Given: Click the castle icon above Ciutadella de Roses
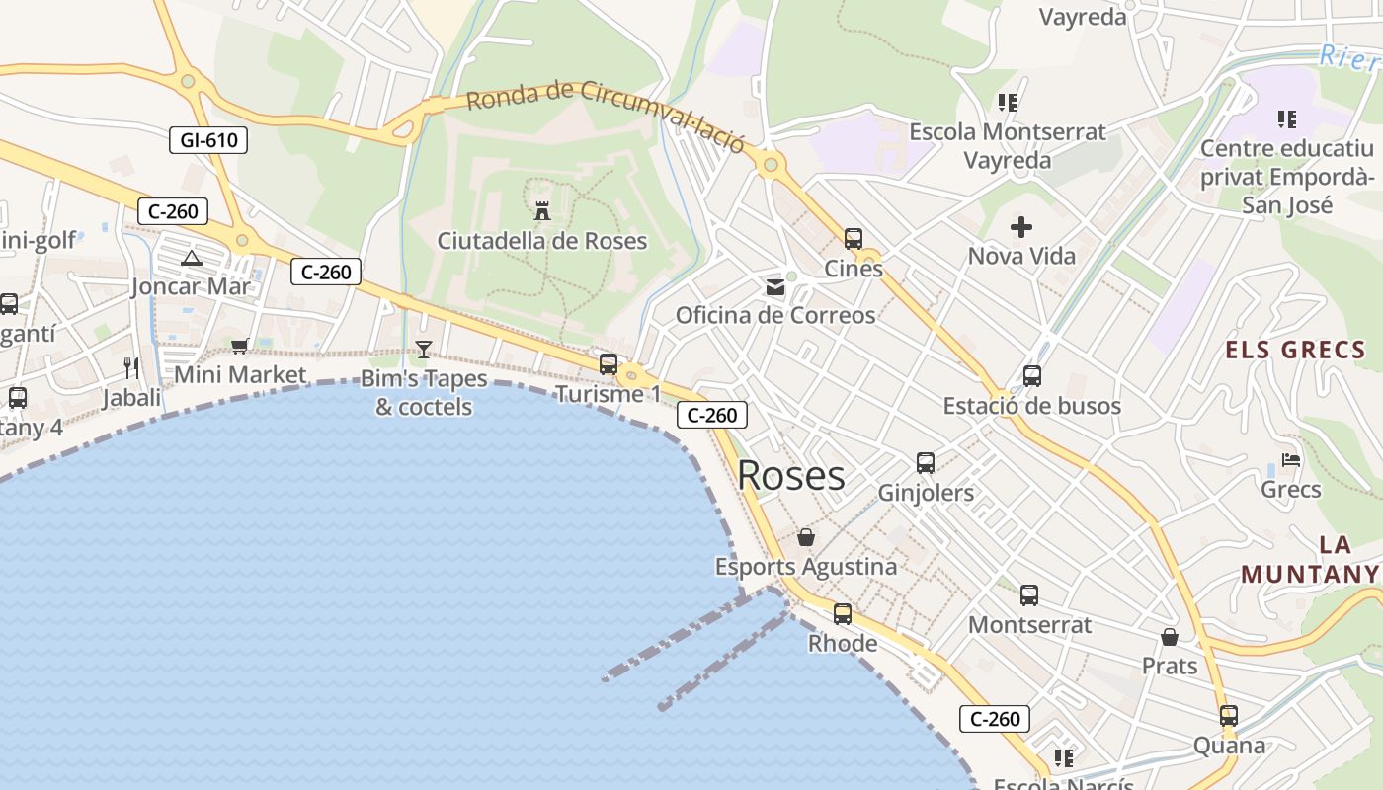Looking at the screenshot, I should tap(541, 210).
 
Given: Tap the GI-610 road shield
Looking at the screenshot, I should tap(208, 140).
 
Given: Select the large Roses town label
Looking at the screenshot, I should tap(790, 476).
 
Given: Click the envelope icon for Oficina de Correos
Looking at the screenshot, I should tap(775, 287).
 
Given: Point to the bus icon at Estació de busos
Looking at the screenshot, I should tap(1032, 376).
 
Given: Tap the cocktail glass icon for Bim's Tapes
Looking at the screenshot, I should tap(424, 349).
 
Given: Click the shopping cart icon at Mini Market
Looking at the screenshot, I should tap(239, 346).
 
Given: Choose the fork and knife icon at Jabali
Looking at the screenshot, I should tap(131, 368).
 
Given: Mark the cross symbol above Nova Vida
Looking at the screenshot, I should tap(1021, 228).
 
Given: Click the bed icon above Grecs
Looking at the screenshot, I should tap(1291, 459).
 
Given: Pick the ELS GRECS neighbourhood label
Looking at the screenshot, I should tap(1295, 350).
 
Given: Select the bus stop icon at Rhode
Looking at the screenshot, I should tap(843, 614).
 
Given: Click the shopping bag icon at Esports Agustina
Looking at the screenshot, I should tap(806, 537).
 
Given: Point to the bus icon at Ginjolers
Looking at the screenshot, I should tap(926, 463).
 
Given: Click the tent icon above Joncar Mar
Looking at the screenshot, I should tap(192, 259).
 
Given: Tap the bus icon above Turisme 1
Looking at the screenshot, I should tap(609, 364).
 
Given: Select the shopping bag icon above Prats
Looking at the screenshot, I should tap(1170, 637).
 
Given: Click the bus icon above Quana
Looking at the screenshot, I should tap(1229, 716).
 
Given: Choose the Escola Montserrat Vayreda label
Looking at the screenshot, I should tap(1007, 145).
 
